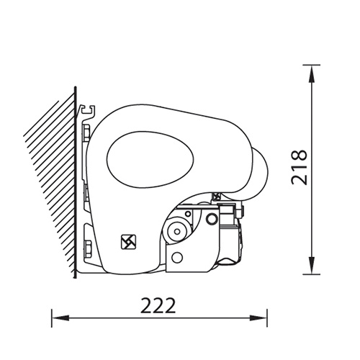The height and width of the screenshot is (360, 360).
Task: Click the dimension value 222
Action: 158,305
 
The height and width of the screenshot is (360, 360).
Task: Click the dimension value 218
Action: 299,168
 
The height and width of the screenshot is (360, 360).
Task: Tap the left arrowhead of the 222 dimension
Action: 60,318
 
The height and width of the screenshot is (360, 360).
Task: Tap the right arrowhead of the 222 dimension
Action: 258,318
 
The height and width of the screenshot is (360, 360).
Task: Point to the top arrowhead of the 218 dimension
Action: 311,74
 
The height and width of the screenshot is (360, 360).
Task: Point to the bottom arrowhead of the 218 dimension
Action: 311,265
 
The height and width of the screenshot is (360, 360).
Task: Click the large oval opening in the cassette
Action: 150,159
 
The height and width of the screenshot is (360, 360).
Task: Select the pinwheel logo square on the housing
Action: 128,242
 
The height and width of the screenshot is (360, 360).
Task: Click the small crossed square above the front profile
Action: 217,197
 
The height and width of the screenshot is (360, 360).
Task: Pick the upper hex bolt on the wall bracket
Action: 86,132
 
